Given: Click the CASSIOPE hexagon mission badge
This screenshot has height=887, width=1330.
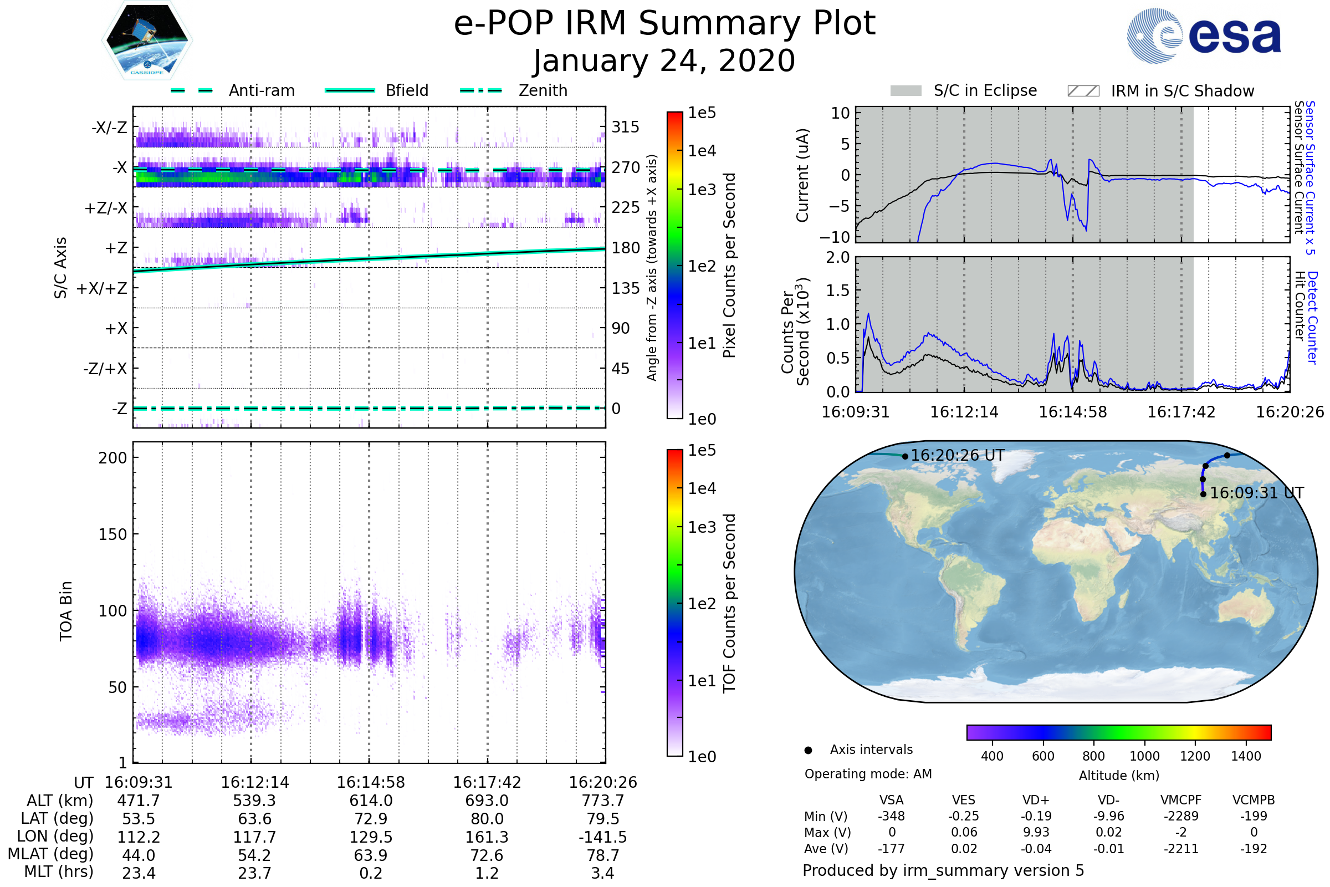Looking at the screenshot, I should click(x=147, y=40).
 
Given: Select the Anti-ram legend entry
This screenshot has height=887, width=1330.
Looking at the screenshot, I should click(x=232, y=90).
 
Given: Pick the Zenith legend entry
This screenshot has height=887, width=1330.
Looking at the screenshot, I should click(x=514, y=90).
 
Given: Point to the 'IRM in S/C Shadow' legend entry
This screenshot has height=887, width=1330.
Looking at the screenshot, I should click(x=1160, y=91).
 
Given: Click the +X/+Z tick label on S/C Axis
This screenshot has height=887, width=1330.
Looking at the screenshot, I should click(x=102, y=288).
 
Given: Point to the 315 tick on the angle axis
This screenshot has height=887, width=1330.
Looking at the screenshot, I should click(x=625, y=127).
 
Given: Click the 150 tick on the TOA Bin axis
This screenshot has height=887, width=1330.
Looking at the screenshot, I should click(x=112, y=534).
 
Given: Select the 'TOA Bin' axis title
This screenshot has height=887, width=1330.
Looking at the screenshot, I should click(x=66, y=610).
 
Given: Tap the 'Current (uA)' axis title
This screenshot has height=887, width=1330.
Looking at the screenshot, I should click(x=802, y=175).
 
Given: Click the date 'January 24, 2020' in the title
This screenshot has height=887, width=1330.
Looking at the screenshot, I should click(x=664, y=61).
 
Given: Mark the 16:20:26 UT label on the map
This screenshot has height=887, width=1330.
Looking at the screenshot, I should click(x=958, y=455).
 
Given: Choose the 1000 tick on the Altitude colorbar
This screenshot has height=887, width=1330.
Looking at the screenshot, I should click(x=1144, y=756).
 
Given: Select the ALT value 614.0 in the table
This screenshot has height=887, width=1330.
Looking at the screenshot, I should click(x=370, y=801).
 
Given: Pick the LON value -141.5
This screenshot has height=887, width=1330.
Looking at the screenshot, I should click(x=602, y=837).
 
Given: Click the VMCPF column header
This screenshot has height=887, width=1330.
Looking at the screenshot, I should click(x=1181, y=800).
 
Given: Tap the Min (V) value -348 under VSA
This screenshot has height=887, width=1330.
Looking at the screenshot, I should click(x=891, y=816).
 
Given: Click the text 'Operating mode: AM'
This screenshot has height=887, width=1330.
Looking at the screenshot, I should click(x=868, y=774).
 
